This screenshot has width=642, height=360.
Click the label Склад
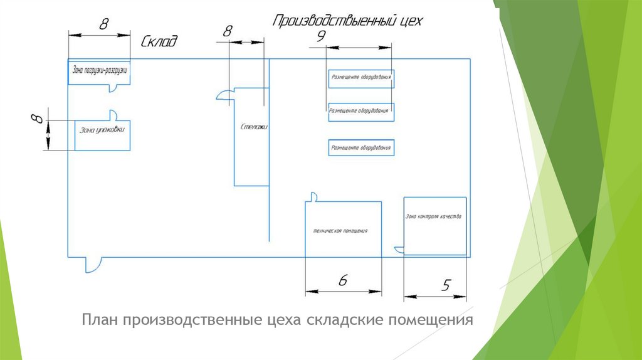159,43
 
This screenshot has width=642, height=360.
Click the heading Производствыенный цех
347,21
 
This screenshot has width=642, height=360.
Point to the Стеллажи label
254,127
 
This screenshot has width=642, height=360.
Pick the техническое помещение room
343,230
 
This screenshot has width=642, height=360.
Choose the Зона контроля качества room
434,226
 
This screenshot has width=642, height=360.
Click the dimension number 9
320,37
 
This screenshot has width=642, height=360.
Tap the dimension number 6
342,280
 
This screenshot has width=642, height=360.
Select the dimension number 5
446,285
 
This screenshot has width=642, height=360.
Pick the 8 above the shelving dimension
228,31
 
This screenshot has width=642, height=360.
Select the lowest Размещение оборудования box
361,148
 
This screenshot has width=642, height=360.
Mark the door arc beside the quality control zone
399,250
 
